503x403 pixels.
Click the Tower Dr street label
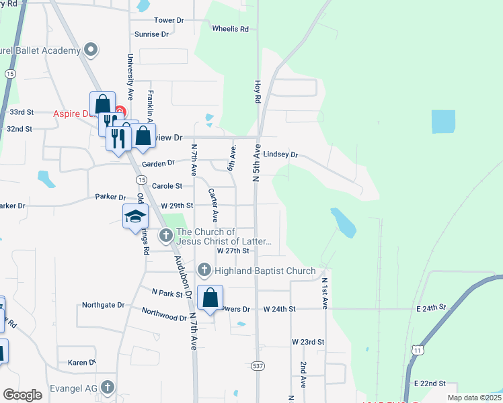point(169,20)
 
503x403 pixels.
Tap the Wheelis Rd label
point(230,29)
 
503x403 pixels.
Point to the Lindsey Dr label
point(280,154)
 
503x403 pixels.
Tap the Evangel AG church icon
point(108,388)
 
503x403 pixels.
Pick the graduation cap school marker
point(135,216)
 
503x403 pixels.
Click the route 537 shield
point(258,366)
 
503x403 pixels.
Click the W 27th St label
point(233,250)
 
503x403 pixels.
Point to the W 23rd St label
point(308,342)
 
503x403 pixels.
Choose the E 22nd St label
point(430,384)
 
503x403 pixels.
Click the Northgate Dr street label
point(103,304)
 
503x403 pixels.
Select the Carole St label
point(167,186)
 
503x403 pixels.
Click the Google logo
point(22,394)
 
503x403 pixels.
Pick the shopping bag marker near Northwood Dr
point(210,298)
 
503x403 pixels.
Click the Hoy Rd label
point(257,92)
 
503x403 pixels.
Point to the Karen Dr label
point(82,363)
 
